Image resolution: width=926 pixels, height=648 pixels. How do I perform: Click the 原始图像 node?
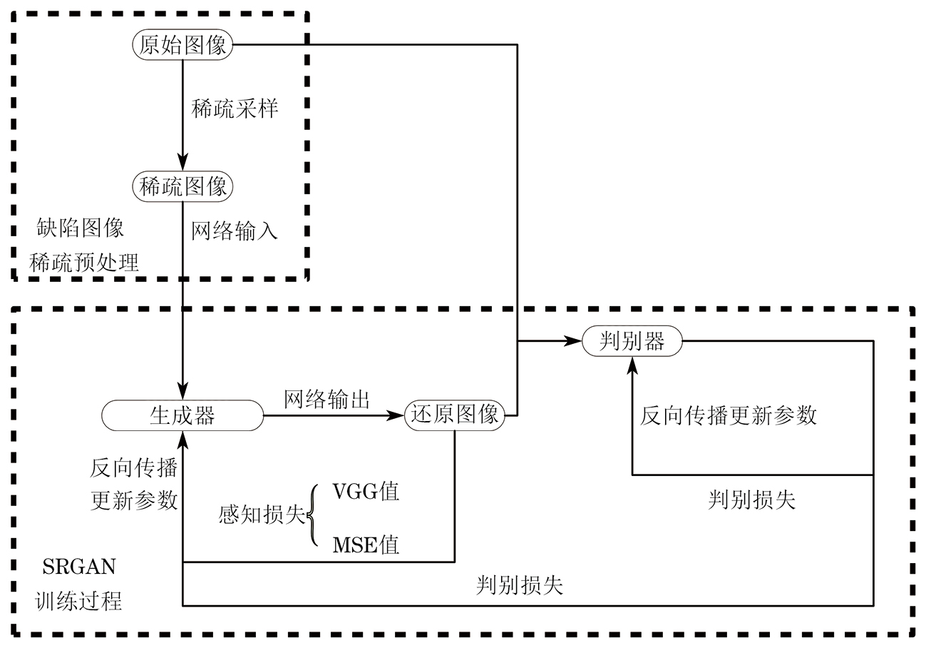tap(183, 46)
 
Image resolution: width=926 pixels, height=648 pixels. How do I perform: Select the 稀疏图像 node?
tap(183, 187)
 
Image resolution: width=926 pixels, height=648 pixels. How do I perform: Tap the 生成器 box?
tap(182, 415)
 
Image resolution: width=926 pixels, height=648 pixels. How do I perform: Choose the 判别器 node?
tap(632, 342)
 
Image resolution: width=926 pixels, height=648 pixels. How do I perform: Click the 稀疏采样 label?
tap(235, 109)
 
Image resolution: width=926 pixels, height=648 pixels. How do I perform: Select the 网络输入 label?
tap(235, 231)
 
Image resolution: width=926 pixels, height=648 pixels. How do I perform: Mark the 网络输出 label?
tap(327, 399)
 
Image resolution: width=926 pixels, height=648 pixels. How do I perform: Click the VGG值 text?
tap(366, 492)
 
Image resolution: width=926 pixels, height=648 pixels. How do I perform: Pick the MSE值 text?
tap(366, 546)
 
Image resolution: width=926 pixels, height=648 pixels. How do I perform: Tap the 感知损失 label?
tap(262, 516)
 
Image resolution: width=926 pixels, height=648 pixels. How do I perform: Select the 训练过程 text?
tap(79, 602)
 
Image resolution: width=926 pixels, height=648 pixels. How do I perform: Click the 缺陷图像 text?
tap(81, 228)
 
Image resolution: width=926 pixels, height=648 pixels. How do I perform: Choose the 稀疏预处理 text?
tap(84, 263)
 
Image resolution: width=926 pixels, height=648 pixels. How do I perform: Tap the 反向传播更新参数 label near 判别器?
tap(728, 416)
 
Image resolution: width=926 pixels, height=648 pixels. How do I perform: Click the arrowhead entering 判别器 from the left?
tap(575, 342)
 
